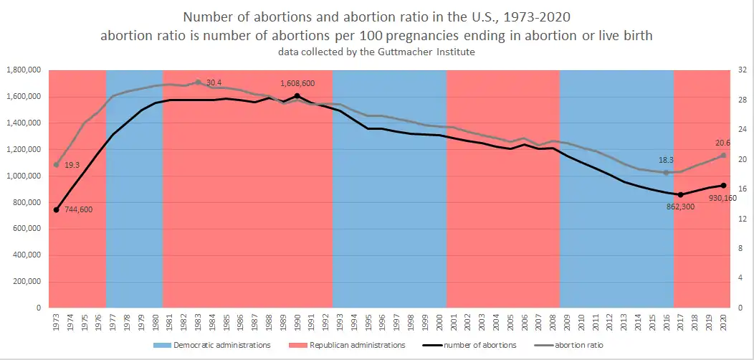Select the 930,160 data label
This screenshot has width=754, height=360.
tap(717, 198)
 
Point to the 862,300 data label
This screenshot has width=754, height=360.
tap(677, 206)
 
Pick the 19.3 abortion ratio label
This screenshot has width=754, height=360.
tap(72, 165)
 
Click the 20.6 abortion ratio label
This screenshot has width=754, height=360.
tap(722, 143)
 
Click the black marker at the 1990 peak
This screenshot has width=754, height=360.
tap(297, 96)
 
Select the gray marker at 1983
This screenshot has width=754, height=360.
tap(198, 82)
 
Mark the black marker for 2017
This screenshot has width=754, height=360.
tap(680, 194)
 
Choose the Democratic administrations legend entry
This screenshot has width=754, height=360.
tap(211, 345)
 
